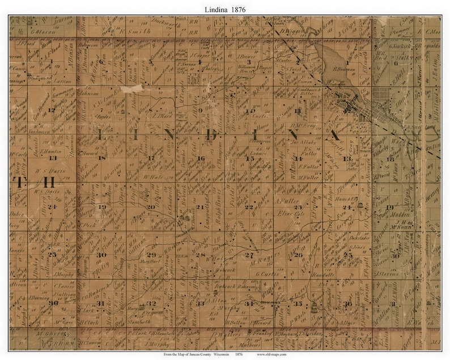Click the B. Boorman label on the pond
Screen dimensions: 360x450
tap(344, 69)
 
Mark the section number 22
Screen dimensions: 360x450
tap(248, 207)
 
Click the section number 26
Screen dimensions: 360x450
tap(298, 255)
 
